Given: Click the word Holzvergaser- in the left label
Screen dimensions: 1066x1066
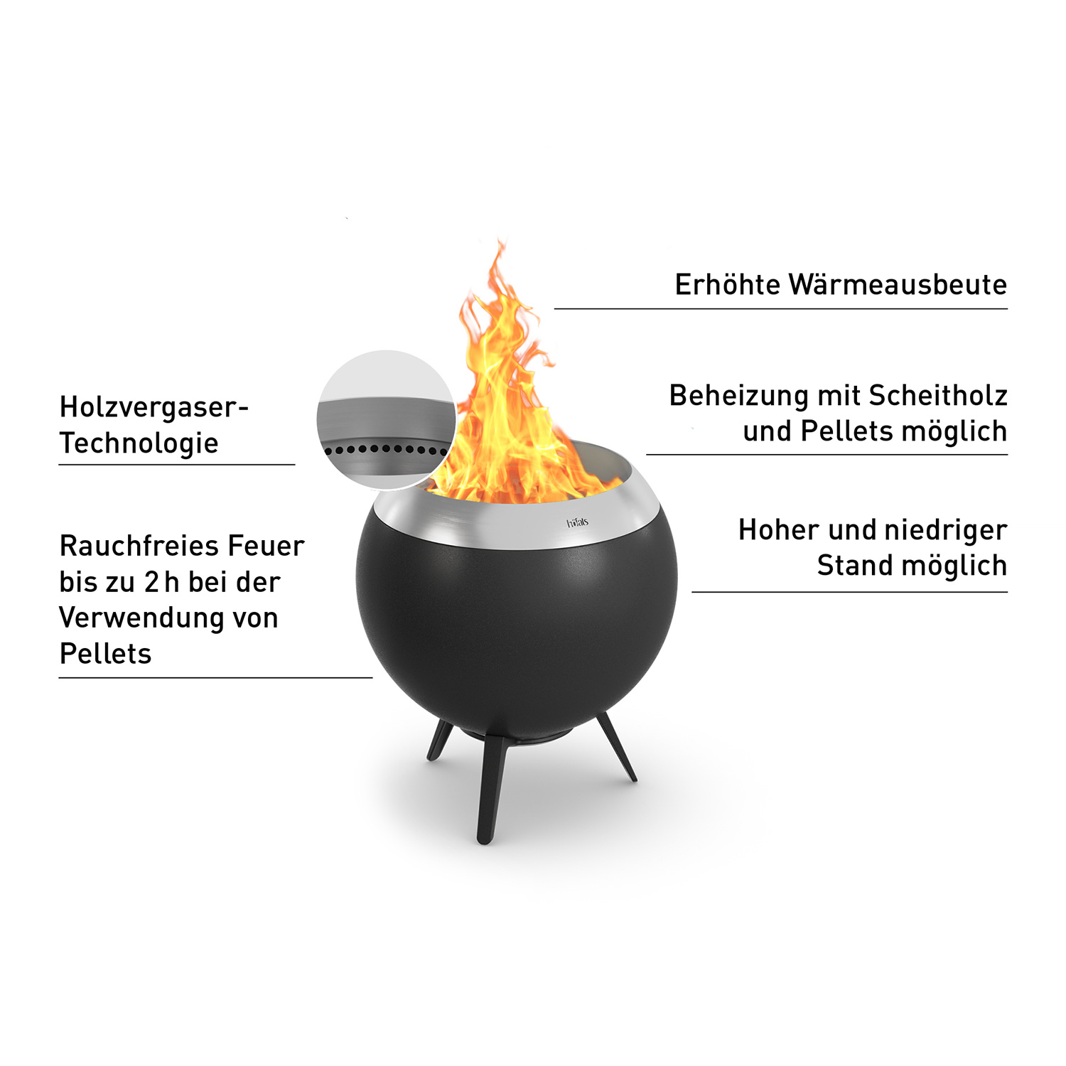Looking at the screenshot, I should click(x=154, y=408).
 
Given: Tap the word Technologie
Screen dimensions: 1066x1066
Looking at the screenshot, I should click(x=139, y=443).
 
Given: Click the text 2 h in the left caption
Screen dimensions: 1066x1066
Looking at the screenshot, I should click(x=161, y=583).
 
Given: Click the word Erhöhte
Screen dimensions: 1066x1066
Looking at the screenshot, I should click(x=727, y=285).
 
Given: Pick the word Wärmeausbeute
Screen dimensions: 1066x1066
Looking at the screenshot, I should click(x=898, y=285).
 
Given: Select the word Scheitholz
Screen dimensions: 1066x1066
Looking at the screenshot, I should click(x=938, y=396).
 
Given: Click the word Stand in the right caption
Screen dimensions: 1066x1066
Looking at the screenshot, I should click(x=854, y=566).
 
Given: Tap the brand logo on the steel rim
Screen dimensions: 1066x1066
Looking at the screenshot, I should click(x=577, y=523).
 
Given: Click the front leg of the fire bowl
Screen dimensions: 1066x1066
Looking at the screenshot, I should click(x=490, y=789).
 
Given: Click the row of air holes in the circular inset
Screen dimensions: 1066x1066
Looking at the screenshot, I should click(x=384, y=449).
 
